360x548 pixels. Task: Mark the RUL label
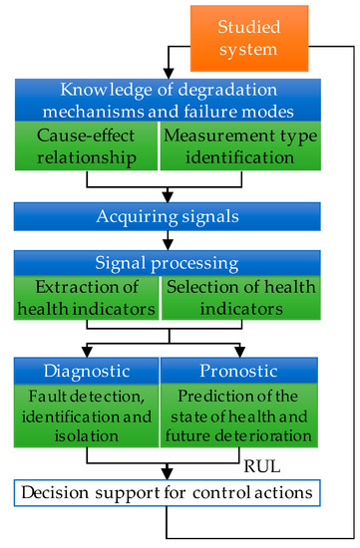tap(259, 462)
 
